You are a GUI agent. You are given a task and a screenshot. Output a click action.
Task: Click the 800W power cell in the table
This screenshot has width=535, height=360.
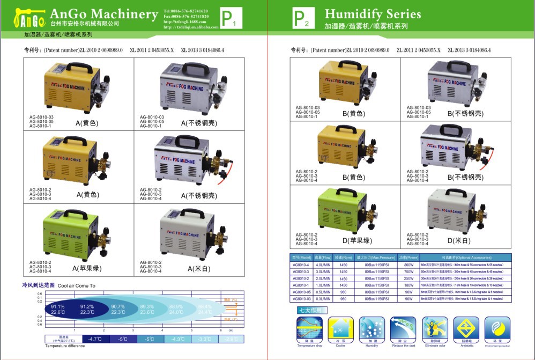coord(409,265)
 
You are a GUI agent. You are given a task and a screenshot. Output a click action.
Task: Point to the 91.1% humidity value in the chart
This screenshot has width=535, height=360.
coord(57,306)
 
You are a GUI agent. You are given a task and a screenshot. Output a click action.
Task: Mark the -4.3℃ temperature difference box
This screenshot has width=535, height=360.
coord(176,339)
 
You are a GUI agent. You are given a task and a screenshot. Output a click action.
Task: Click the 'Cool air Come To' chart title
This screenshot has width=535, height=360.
coord(76,285)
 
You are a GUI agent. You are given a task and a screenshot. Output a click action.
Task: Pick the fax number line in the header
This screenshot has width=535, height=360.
coord(185,16)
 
